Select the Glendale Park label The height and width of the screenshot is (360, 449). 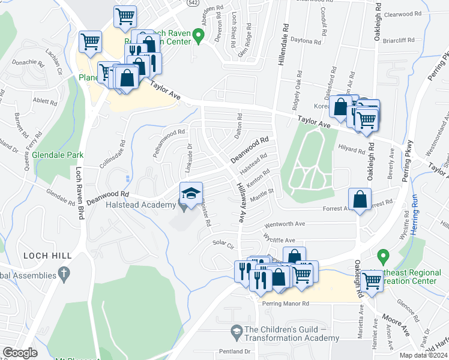[x=58, y=155]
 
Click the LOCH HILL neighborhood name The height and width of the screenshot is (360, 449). [x=47, y=256]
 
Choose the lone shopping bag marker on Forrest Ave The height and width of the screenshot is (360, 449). [x=359, y=200]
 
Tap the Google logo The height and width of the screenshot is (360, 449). [x=20, y=353]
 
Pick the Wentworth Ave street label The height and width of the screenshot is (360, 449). [x=285, y=223]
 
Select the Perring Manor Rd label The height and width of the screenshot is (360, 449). [x=285, y=304]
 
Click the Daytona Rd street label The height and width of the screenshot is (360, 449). [x=306, y=41]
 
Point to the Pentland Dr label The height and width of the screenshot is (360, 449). [x=235, y=351]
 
